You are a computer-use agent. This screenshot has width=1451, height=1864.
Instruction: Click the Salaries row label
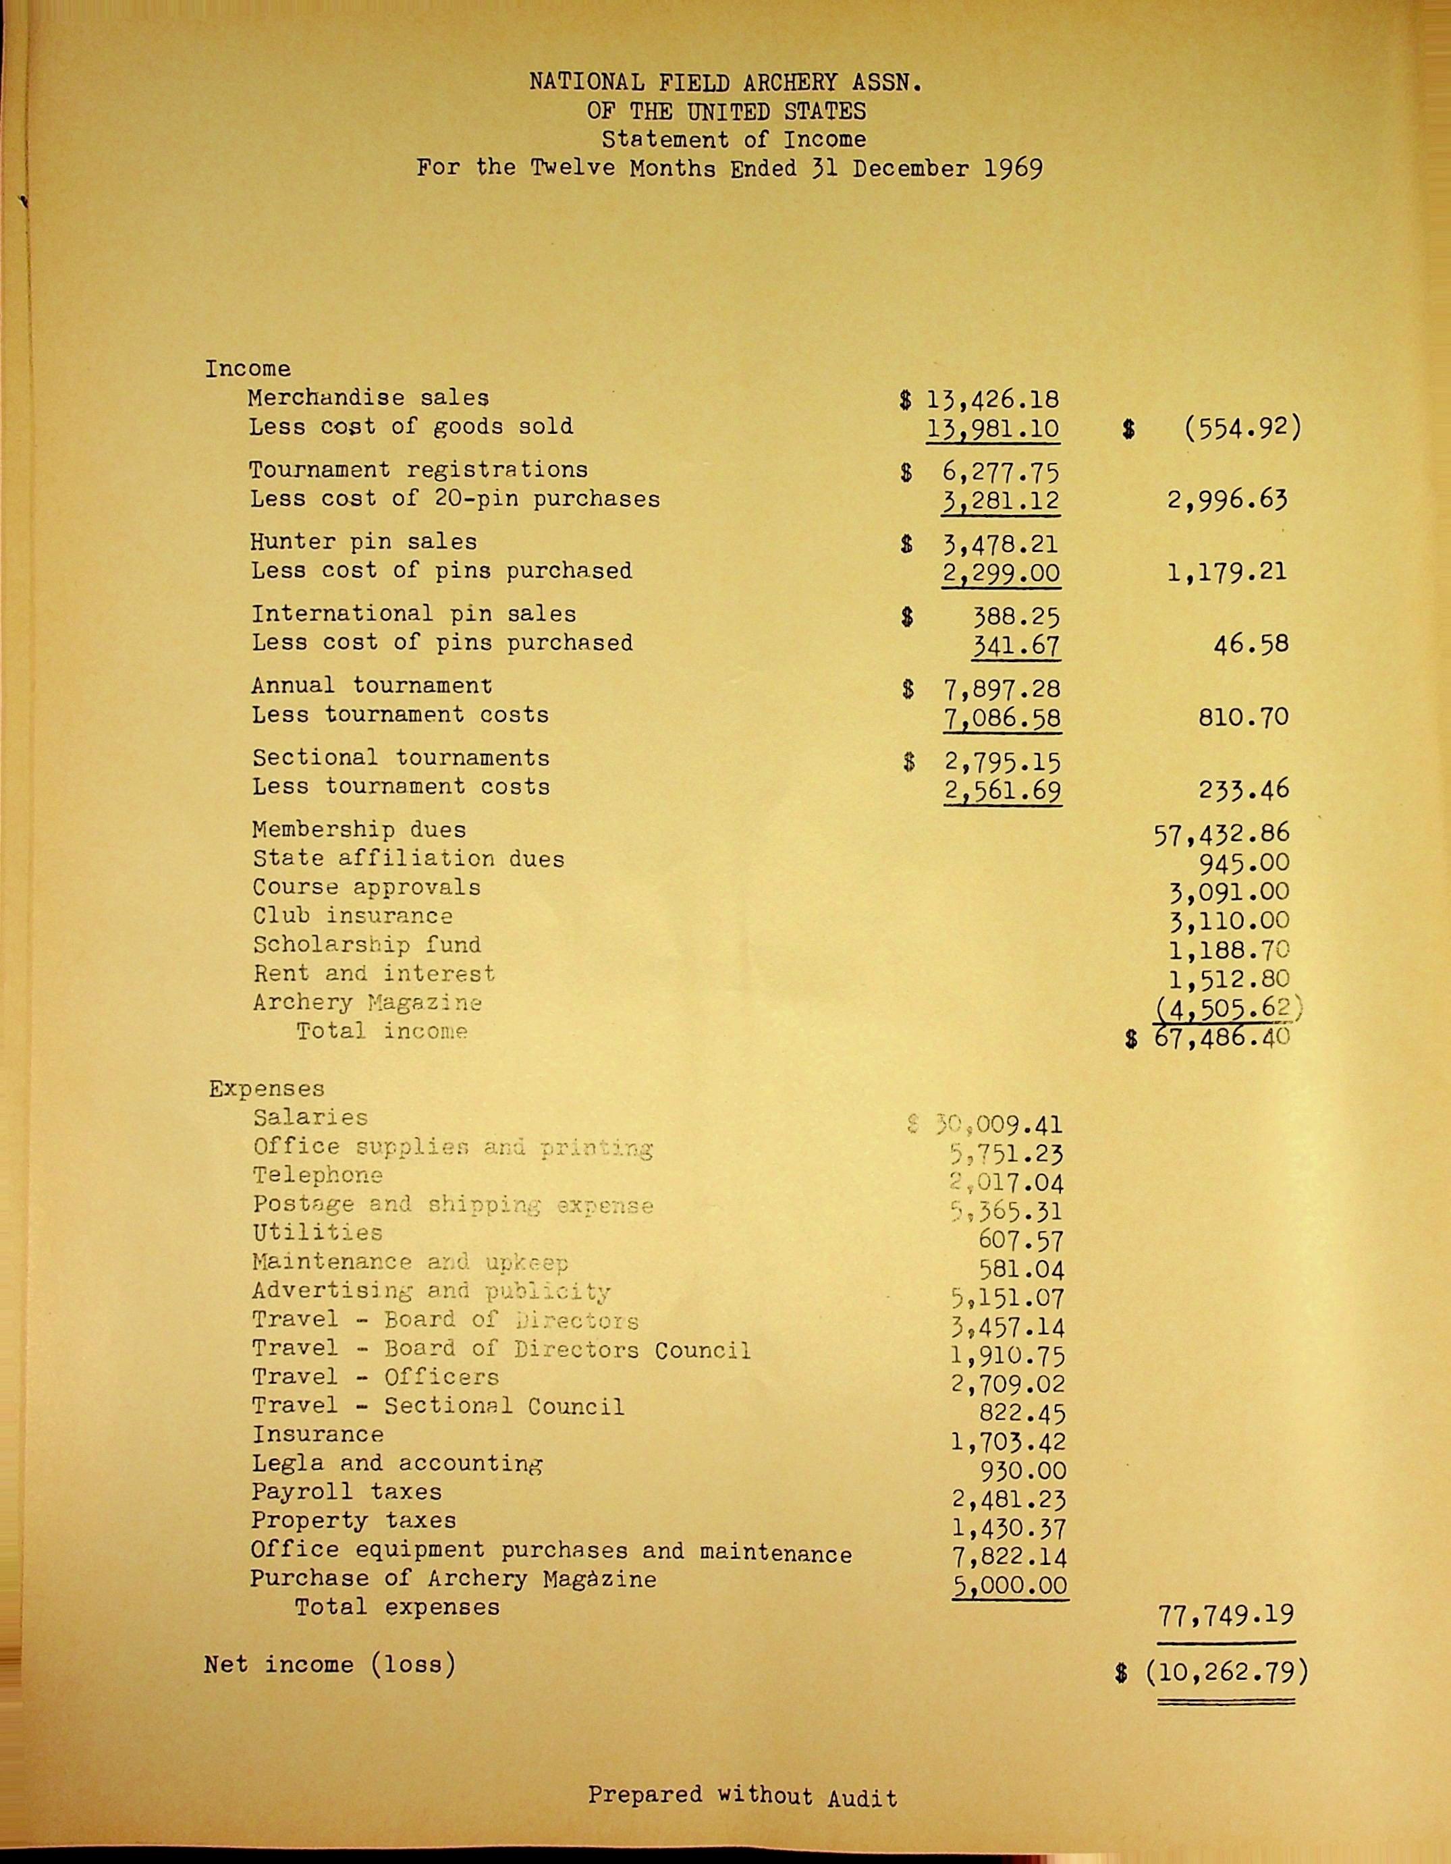tap(310, 1117)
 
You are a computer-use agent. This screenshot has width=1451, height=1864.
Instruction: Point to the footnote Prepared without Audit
tap(742, 1796)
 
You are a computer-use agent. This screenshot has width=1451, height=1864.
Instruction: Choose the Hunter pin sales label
tap(364, 542)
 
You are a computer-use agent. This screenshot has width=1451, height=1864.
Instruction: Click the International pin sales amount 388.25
tap(1016, 616)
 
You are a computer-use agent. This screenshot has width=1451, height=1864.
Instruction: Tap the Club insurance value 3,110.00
tap(1228, 920)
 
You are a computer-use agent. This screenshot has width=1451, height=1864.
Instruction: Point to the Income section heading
tap(248, 368)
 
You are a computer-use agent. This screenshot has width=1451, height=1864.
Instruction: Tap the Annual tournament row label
tap(371, 686)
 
